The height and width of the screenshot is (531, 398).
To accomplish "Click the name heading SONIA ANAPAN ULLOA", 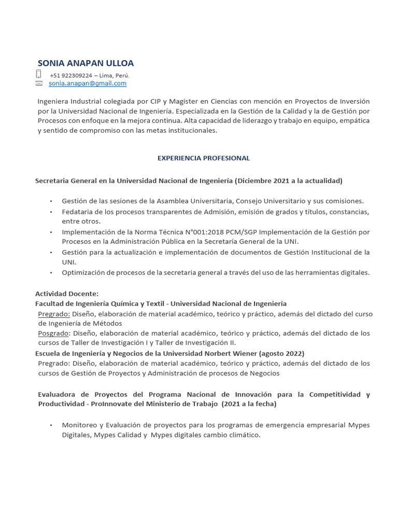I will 86,63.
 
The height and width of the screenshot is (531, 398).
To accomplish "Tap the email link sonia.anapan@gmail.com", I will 88,83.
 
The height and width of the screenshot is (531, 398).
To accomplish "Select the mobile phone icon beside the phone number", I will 38,74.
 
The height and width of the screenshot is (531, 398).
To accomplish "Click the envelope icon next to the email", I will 39,83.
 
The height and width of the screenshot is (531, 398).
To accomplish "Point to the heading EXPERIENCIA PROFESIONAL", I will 204,158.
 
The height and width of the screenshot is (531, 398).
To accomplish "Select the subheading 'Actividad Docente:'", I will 66,294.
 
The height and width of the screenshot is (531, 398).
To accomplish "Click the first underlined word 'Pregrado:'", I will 54,314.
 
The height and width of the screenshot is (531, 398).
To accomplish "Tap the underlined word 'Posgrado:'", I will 54,333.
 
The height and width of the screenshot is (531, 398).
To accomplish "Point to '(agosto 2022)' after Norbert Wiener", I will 282,353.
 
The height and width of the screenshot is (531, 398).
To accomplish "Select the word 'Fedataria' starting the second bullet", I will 77,212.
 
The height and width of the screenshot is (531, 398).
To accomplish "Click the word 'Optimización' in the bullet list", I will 83,273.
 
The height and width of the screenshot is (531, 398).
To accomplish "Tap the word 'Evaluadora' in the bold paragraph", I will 59,395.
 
